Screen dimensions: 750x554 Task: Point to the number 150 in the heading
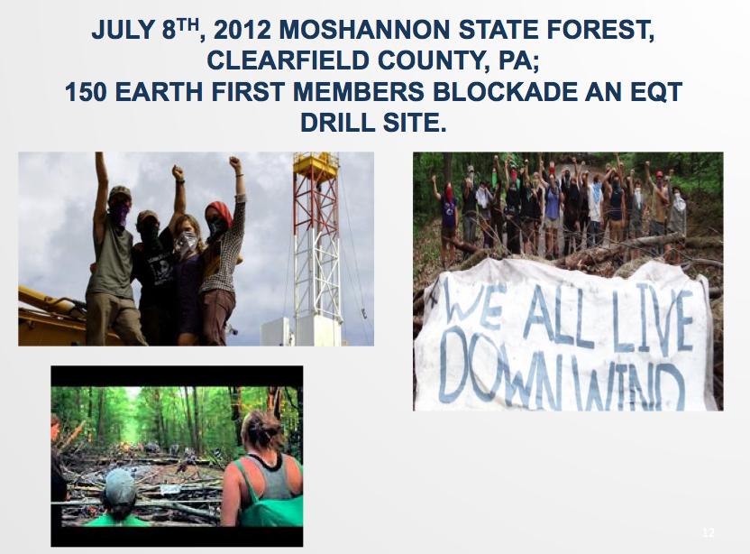click(85, 92)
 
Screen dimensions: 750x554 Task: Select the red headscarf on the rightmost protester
click(220, 212)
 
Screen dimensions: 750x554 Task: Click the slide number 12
click(709, 532)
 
